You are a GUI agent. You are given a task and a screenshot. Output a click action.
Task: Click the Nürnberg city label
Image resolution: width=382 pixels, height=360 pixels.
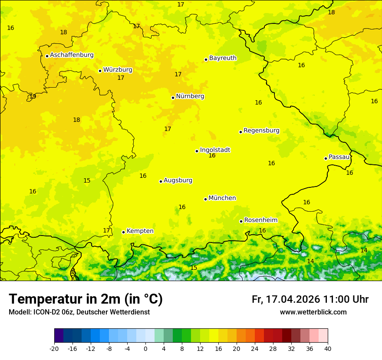[190, 96]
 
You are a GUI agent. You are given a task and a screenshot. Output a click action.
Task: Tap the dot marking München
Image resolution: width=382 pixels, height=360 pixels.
[205, 199]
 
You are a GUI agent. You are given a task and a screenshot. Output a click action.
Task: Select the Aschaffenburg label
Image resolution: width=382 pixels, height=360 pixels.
[72, 55]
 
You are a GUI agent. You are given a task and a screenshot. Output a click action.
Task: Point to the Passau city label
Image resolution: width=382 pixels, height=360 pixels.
[339, 157]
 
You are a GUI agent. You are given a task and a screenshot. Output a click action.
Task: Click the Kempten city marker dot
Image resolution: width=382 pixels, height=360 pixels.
[123, 232]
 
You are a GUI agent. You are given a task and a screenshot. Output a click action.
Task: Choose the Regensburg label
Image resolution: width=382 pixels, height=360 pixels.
[261, 131]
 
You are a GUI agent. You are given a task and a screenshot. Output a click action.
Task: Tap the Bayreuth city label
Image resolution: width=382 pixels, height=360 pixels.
[223, 58]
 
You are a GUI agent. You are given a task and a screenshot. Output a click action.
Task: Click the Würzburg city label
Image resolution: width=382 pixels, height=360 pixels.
[118, 70]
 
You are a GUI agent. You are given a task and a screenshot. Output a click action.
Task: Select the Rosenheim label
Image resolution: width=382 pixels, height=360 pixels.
[260, 220]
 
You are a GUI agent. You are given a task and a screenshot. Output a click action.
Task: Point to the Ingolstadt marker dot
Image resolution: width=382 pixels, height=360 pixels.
[197, 151]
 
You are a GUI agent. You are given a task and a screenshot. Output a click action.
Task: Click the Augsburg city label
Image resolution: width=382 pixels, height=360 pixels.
[178, 180]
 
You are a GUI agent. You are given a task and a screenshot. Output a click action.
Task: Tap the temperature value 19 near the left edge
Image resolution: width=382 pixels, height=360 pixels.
[33, 96]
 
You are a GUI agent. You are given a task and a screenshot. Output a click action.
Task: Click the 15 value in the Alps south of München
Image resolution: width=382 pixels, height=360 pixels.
[194, 268]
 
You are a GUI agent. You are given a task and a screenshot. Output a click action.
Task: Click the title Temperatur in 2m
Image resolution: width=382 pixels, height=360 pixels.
[86, 299]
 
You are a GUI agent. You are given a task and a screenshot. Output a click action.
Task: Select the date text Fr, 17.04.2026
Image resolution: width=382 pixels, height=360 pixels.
[286, 299]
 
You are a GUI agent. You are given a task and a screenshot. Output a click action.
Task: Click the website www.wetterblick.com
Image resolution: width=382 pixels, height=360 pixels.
[313, 312]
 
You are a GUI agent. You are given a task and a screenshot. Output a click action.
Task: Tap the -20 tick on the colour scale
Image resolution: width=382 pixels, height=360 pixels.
[54, 348]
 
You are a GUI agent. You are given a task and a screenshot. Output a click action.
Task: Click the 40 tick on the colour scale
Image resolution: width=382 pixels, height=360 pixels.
[328, 348]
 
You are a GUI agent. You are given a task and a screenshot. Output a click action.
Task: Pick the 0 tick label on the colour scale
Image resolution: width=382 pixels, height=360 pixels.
[145, 348]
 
